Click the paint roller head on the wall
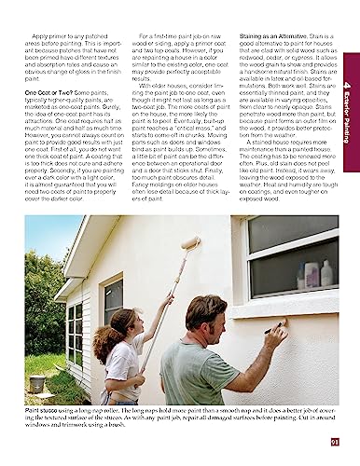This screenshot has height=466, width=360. click(x=190, y=244)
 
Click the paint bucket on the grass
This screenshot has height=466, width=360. click(x=36, y=383)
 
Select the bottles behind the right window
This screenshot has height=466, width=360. click(x=312, y=275)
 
